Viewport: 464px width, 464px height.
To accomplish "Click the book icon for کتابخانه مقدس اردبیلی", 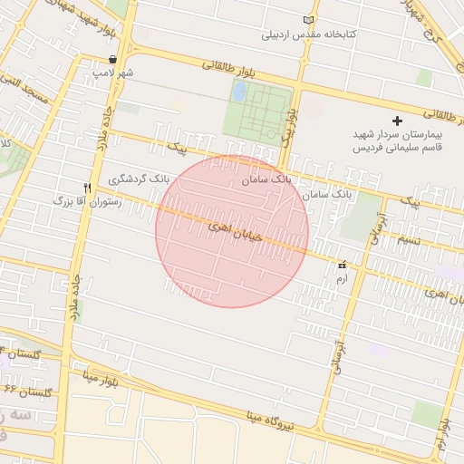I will point(310,21).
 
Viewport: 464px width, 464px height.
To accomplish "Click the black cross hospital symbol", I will point(396,121).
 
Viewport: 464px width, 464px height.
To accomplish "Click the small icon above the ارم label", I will point(342,266).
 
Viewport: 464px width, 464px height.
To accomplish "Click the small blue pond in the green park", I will point(239,92).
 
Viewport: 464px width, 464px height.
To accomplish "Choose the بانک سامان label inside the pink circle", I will point(267,179).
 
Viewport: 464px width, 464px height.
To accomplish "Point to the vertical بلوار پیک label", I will point(288,127).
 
